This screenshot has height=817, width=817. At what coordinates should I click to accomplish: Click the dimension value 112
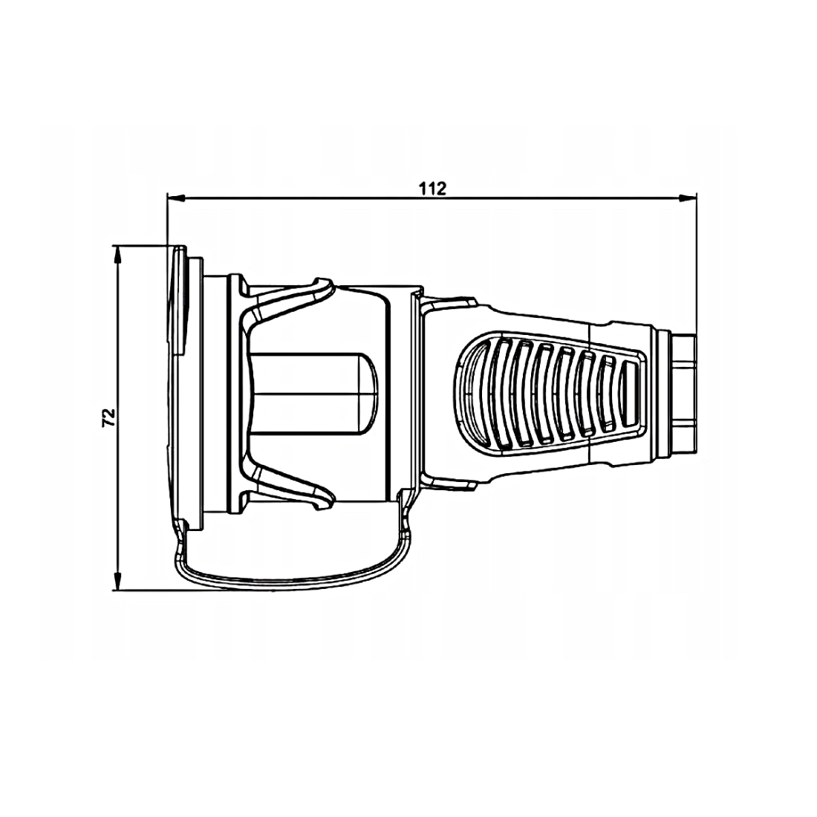[433, 188]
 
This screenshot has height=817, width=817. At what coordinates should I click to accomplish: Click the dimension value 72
[108, 417]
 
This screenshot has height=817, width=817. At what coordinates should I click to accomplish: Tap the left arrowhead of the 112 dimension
[176, 198]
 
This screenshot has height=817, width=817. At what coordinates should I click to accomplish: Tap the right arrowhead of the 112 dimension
[687, 198]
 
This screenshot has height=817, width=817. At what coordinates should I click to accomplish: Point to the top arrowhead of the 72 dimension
[118, 254]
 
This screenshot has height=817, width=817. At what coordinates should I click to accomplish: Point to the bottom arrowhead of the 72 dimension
[118, 581]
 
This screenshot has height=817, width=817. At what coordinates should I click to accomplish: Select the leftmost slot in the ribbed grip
[501, 393]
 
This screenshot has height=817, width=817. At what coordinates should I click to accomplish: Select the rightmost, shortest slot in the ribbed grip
[629, 394]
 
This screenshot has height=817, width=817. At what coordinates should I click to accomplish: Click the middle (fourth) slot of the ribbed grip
[566, 393]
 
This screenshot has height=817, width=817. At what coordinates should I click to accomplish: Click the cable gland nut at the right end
[683, 394]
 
